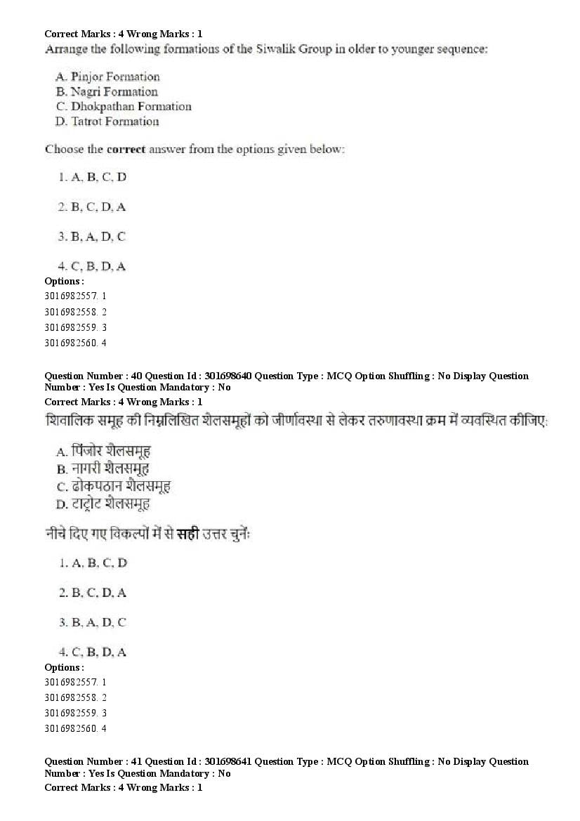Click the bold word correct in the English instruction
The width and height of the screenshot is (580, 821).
pyautogui.click(x=126, y=150)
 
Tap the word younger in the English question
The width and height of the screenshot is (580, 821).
pyautogui.click(x=408, y=49)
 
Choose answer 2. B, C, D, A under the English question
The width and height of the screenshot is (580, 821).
pyautogui.click(x=93, y=207)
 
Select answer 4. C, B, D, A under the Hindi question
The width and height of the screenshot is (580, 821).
pyautogui.click(x=93, y=652)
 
